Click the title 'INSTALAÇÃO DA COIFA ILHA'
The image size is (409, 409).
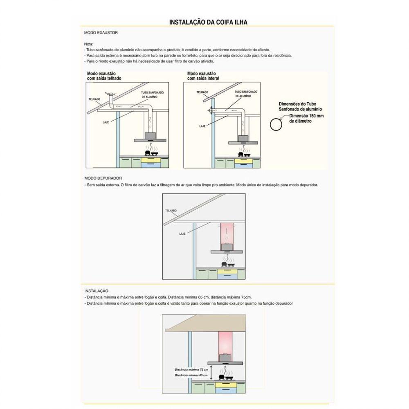(208, 22)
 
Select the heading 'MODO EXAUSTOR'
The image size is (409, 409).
(98, 32)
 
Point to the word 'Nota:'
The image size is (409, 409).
(89, 44)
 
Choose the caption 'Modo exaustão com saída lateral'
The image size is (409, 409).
(203, 76)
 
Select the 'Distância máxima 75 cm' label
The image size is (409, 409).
(191, 369)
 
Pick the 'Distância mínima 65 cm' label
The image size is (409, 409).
(191, 375)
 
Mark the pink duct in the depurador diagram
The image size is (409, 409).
(226, 232)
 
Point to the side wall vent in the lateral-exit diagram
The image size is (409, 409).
(209, 110)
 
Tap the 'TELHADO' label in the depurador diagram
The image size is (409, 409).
(171, 211)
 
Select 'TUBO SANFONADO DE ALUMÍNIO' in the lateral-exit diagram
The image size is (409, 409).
(246, 94)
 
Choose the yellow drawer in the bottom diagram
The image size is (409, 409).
(225, 384)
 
